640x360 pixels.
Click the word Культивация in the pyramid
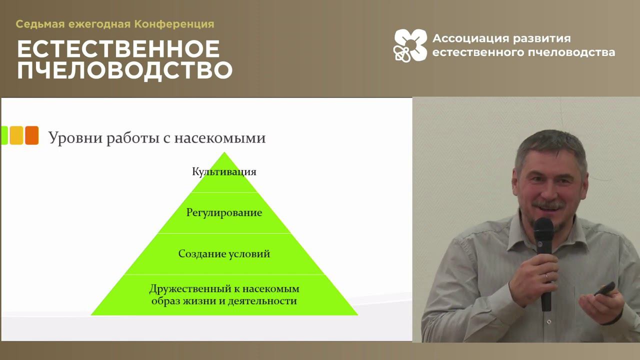(x=224, y=171)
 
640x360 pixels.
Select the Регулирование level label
(x=224, y=213)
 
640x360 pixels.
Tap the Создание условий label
(x=224, y=253)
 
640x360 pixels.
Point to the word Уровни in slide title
(x=75, y=138)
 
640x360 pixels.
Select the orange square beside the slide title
(x=31, y=135)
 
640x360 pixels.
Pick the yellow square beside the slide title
(x=16, y=135)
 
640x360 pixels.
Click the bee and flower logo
(x=410, y=45)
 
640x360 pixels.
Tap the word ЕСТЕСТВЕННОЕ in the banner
(x=118, y=49)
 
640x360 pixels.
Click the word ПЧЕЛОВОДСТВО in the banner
(x=125, y=70)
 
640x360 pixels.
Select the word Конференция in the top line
(x=174, y=24)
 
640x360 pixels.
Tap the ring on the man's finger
(x=546, y=276)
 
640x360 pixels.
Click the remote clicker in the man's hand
(x=605, y=289)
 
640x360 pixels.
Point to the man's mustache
(x=548, y=204)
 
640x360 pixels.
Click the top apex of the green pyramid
(x=224, y=152)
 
